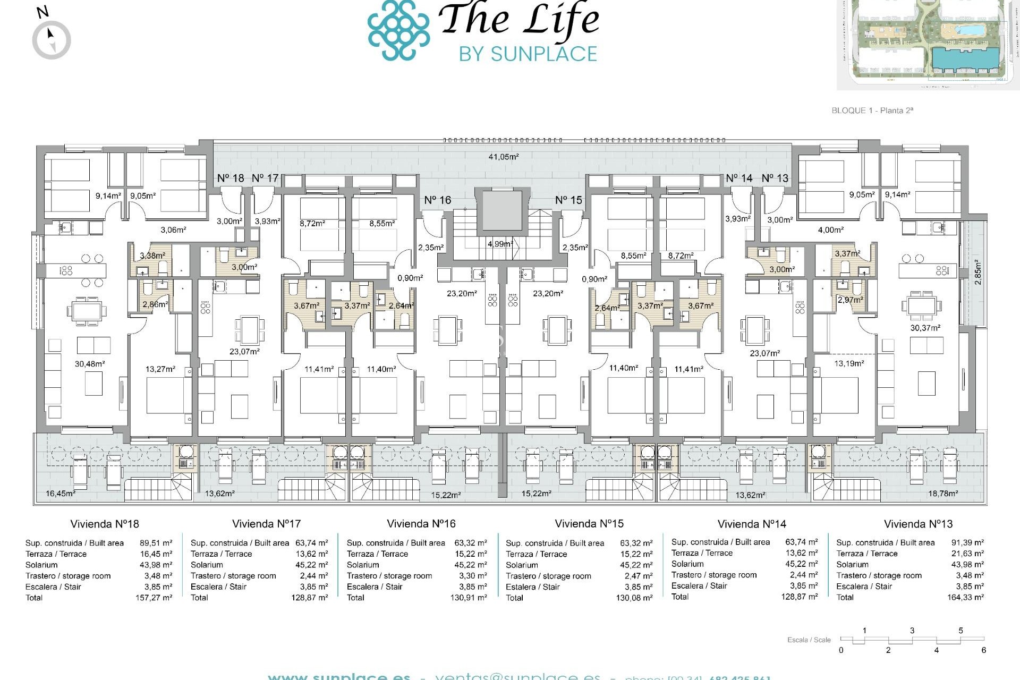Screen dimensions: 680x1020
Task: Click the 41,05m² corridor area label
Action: tap(503, 157)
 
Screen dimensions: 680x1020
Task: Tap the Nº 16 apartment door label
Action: tap(437, 200)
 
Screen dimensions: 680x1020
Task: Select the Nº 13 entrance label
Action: tap(775, 178)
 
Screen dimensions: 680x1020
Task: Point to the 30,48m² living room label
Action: tap(89, 364)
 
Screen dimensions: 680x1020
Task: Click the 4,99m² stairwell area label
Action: tap(500, 244)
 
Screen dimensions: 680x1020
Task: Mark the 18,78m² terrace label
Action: tap(942, 494)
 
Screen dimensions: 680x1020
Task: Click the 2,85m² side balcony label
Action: tap(977, 272)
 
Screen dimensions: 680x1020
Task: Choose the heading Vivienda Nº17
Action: tap(266, 524)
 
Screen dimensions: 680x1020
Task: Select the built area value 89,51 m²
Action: tap(156, 543)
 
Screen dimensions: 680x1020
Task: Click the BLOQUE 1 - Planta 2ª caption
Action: tap(872, 110)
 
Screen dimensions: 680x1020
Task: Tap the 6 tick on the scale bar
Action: tap(983, 650)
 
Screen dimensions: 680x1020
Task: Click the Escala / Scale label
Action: tap(809, 640)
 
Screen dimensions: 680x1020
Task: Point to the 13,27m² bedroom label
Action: tap(160, 369)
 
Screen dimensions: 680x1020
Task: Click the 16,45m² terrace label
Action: tap(60, 494)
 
